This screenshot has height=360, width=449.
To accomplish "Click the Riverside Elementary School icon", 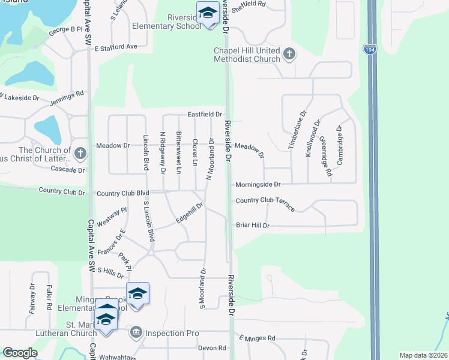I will tap(208, 13).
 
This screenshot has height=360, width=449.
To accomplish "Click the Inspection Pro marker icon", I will tap(136, 332).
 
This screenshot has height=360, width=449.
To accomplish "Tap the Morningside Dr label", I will tap(258, 185).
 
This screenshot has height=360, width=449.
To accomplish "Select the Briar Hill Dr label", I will tap(253, 226).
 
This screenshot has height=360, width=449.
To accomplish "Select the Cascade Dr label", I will tap(68, 170).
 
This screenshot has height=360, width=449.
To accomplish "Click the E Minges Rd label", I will tap(256, 338).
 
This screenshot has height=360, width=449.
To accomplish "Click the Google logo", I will tap(20, 353).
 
